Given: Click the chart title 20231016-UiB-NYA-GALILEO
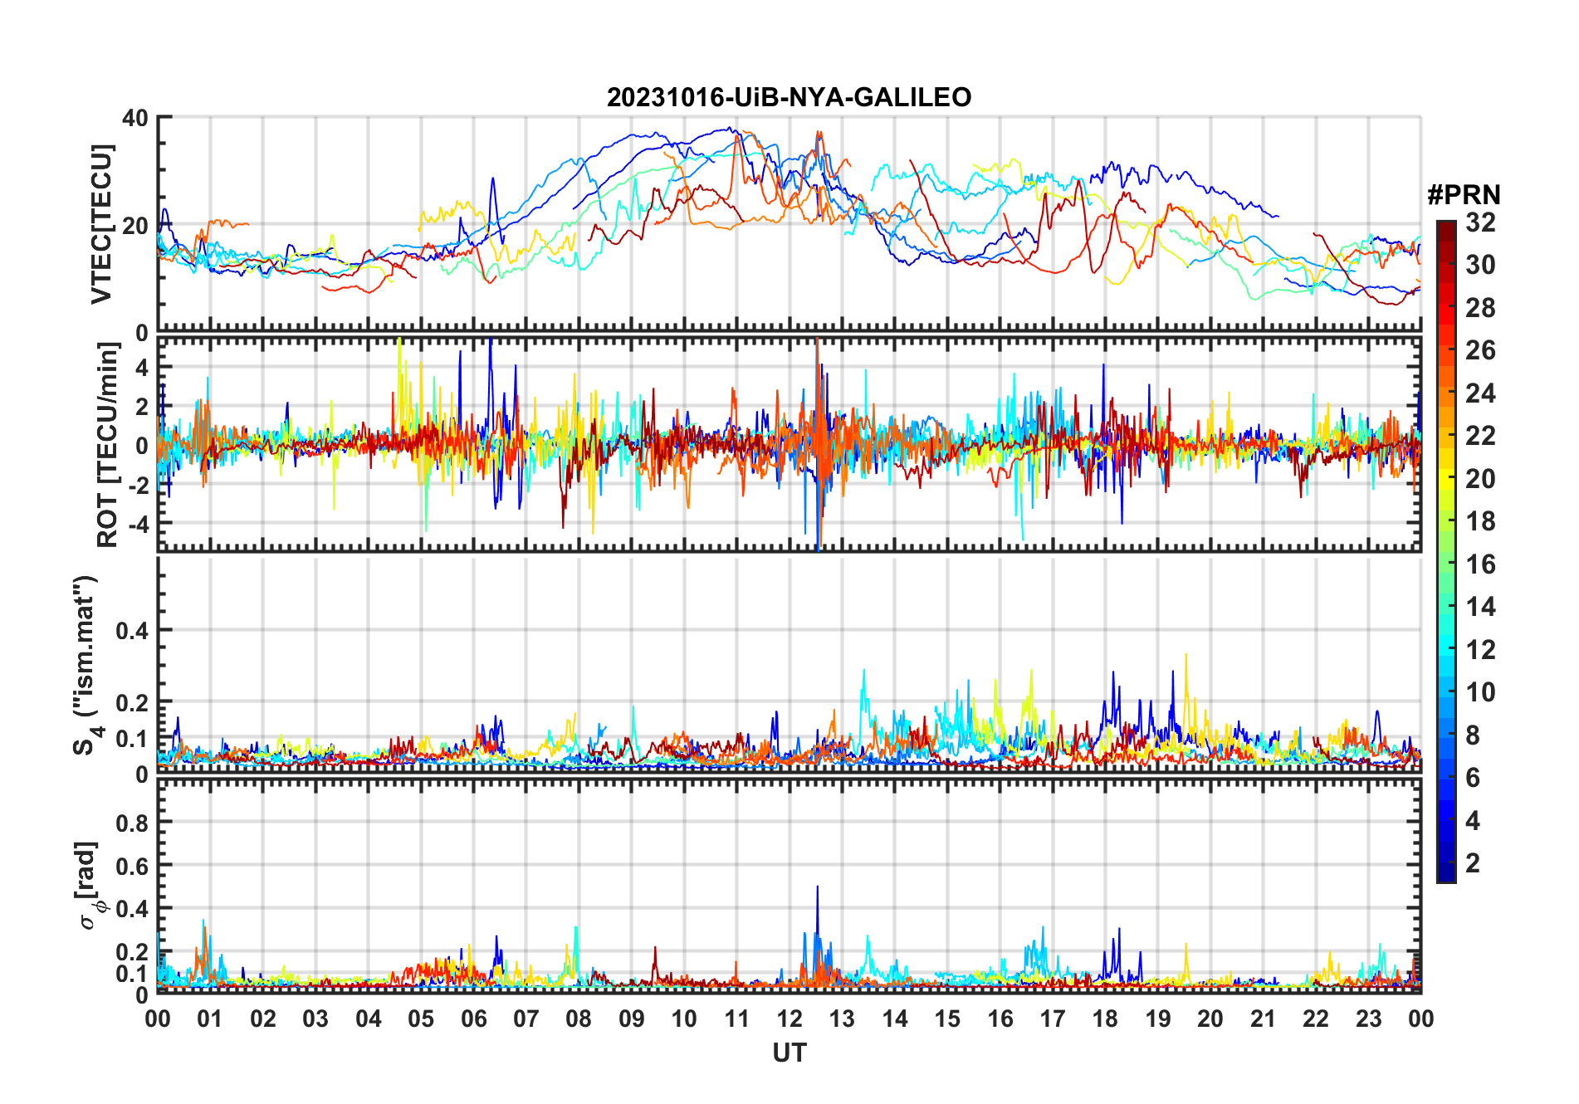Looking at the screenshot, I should [x=789, y=98].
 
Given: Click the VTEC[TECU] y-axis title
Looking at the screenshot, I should [x=101, y=224].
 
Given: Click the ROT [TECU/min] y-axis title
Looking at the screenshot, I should [x=108, y=444].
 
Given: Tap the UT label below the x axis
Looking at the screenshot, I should [x=789, y=1053].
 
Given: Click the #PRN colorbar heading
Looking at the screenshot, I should [x=1464, y=195].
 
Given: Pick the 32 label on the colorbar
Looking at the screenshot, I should [x=1480, y=222].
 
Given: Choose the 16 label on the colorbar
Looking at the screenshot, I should [x=1480, y=564].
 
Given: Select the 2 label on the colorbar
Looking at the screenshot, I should [x=1473, y=863].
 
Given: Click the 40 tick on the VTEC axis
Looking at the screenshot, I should [x=135, y=118].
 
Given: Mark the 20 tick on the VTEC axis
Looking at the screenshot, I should [x=135, y=225].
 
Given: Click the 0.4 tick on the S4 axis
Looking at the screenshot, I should [x=132, y=630].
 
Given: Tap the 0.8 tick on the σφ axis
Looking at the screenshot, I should [x=132, y=823].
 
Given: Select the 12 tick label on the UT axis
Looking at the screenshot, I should [x=789, y=1019].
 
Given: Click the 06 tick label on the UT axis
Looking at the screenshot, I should [x=473, y=1019].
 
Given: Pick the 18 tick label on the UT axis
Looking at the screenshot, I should [x=1105, y=1019].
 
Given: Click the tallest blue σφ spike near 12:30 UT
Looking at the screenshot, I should [x=817, y=888].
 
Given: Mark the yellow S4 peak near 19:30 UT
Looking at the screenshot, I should [x=1185, y=656].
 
